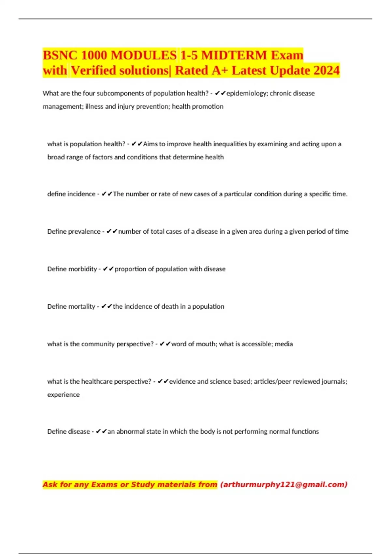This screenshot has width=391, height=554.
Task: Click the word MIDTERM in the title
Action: pos(234,55)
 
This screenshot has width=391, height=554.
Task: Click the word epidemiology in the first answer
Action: pos(246,94)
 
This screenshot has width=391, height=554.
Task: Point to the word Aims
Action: pos(150,144)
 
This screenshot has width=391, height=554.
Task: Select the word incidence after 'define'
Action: pos(81,194)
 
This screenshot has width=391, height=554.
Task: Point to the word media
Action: pos(283,344)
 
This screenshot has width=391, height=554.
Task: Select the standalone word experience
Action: pos(64,395)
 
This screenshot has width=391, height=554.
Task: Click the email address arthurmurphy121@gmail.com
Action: pos(284,485)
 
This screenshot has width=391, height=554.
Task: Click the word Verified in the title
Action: pos(93,70)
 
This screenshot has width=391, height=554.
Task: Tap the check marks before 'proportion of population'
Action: pos(108,269)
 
